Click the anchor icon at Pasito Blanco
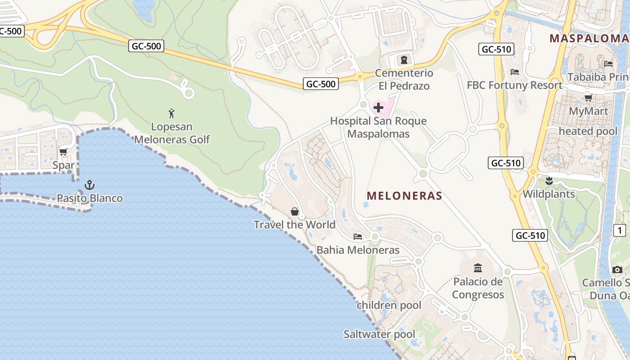(90, 185)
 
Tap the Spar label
(63, 165)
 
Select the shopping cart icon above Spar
(63, 152)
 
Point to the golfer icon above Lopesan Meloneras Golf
(171, 113)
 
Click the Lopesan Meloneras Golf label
(172, 133)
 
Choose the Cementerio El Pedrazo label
(404, 79)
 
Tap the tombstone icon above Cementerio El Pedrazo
(404, 59)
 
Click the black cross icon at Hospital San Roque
(378, 108)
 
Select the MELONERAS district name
(404, 196)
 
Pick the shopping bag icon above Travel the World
(295, 211)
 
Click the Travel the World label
(295, 225)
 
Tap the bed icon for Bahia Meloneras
(358, 236)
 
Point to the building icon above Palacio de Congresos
(478, 269)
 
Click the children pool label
(389, 305)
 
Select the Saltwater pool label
(379, 334)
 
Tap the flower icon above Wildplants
(549, 181)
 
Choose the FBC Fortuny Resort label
(514, 85)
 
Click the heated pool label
(588, 131)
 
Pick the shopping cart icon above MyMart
(588, 98)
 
